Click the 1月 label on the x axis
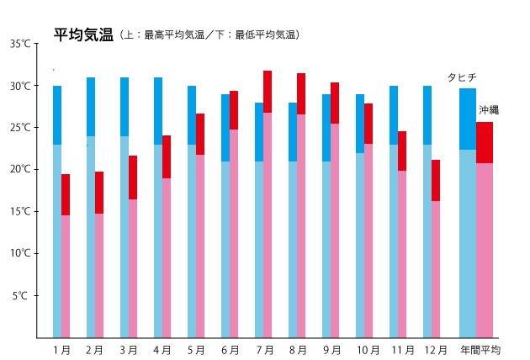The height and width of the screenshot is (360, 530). (x=61, y=349)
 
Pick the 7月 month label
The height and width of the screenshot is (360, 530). (x=262, y=349)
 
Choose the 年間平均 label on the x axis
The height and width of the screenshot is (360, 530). (x=479, y=349)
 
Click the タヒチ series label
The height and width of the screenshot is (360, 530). (x=462, y=77)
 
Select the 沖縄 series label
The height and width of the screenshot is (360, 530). (x=489, y=110)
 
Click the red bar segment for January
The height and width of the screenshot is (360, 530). (x=66, y=194)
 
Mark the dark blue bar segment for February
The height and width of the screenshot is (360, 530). (x=91, y=107)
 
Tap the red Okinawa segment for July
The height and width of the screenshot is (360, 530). (x=268, y=92)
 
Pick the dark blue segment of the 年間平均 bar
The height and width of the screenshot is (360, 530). (x=468, y=119)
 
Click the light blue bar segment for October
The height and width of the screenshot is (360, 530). (x=360, y=244)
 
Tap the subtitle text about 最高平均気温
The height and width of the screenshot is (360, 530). (x=211, y=35)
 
